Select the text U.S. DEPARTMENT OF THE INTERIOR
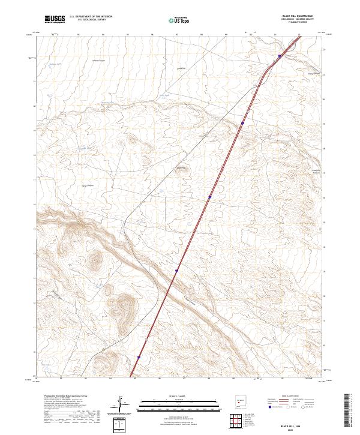(x=91, y=17)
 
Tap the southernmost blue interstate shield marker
(x=139, y=356)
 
